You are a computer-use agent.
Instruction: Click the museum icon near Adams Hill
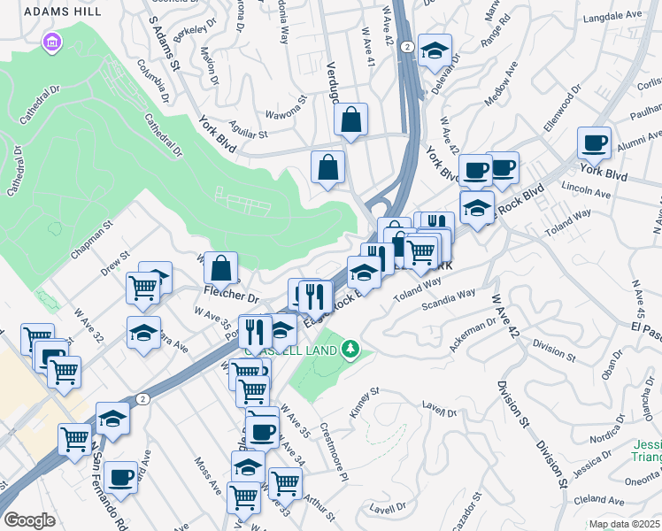tap(51, 42)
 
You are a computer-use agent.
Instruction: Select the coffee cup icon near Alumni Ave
tap(594, 142)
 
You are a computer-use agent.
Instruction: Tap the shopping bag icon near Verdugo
tap(351, 119)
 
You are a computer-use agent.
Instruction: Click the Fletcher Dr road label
tap(231, 297)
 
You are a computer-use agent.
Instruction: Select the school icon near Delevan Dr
tap(435, 50)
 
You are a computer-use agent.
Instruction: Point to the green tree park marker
tap(351, 350)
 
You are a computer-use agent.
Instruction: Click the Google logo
tap(29, 520)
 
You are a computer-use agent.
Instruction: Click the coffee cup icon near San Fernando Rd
tap(120, 477)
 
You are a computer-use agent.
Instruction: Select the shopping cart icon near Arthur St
tap(284, 483)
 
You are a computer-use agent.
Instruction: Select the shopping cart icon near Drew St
tap(142, 286)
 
